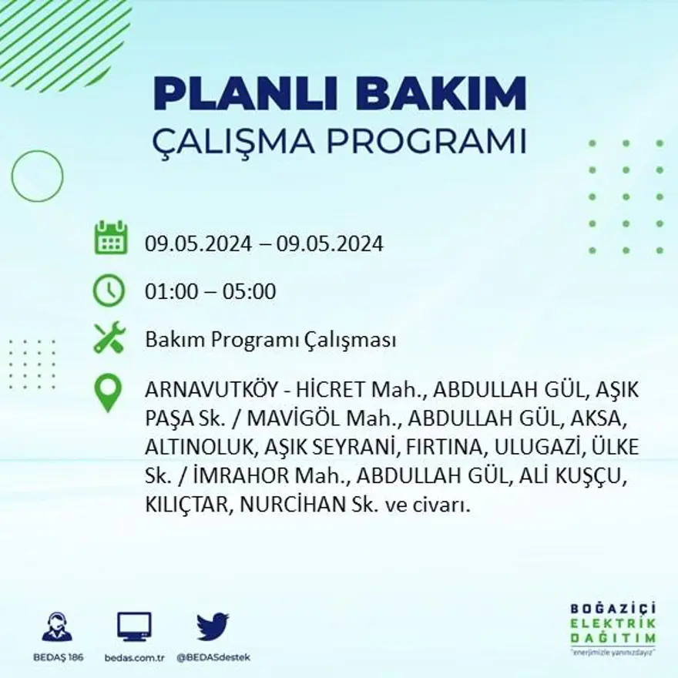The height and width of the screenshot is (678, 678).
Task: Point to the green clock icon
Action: click(x=109, y=290)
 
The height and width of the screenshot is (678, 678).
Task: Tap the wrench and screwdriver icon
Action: click(x=109, y=338)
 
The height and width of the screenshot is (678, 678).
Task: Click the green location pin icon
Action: click(x=108, y=391)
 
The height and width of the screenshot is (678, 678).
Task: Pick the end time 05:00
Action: click(x=249, y=292)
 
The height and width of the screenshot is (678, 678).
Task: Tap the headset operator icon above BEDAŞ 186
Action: click(x=57, y=627)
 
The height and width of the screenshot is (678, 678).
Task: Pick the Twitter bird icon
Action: click(x=213, y=626)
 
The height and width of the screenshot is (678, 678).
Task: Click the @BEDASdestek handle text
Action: click(x=213, y=657)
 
